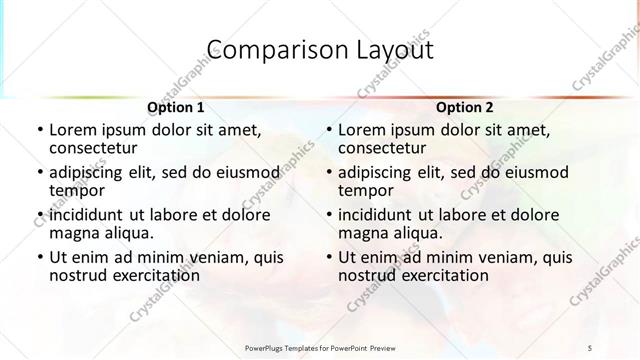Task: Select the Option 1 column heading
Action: click(176, 106)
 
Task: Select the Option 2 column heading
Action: click(466, 106)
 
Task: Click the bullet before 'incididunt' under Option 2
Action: click(328, 215)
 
